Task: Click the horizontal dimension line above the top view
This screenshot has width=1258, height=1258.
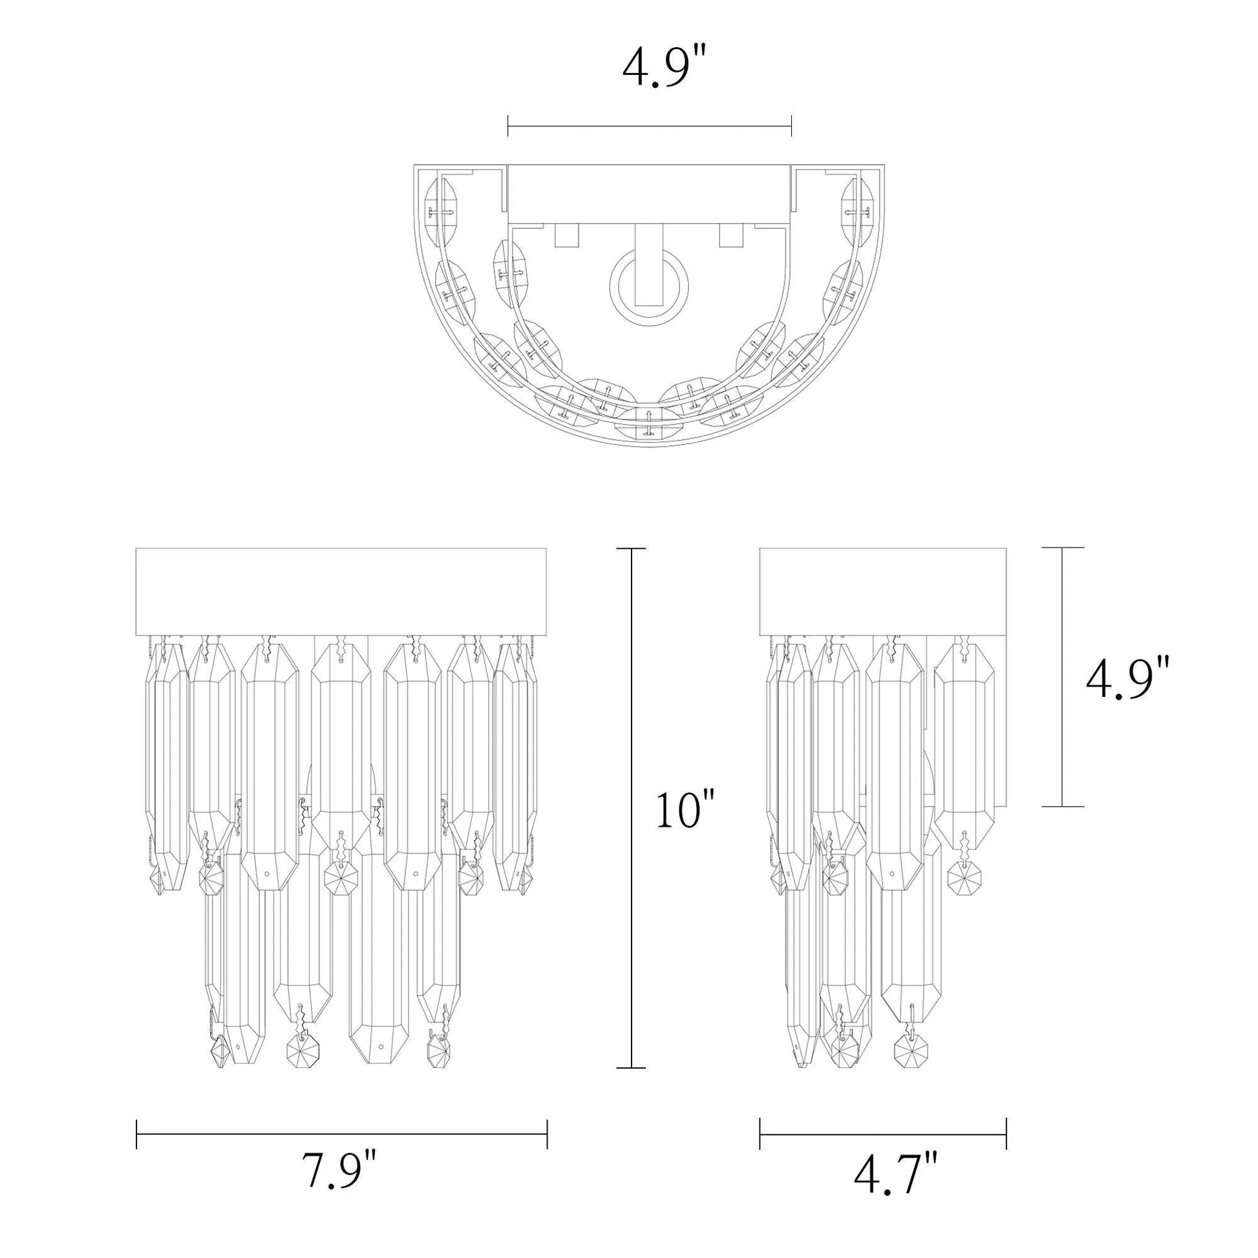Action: (x=649, y=125)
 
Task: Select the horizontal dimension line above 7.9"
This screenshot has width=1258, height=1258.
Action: (x=342, y=1133)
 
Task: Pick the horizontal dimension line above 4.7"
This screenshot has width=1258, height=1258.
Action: (x=883, y=1133)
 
